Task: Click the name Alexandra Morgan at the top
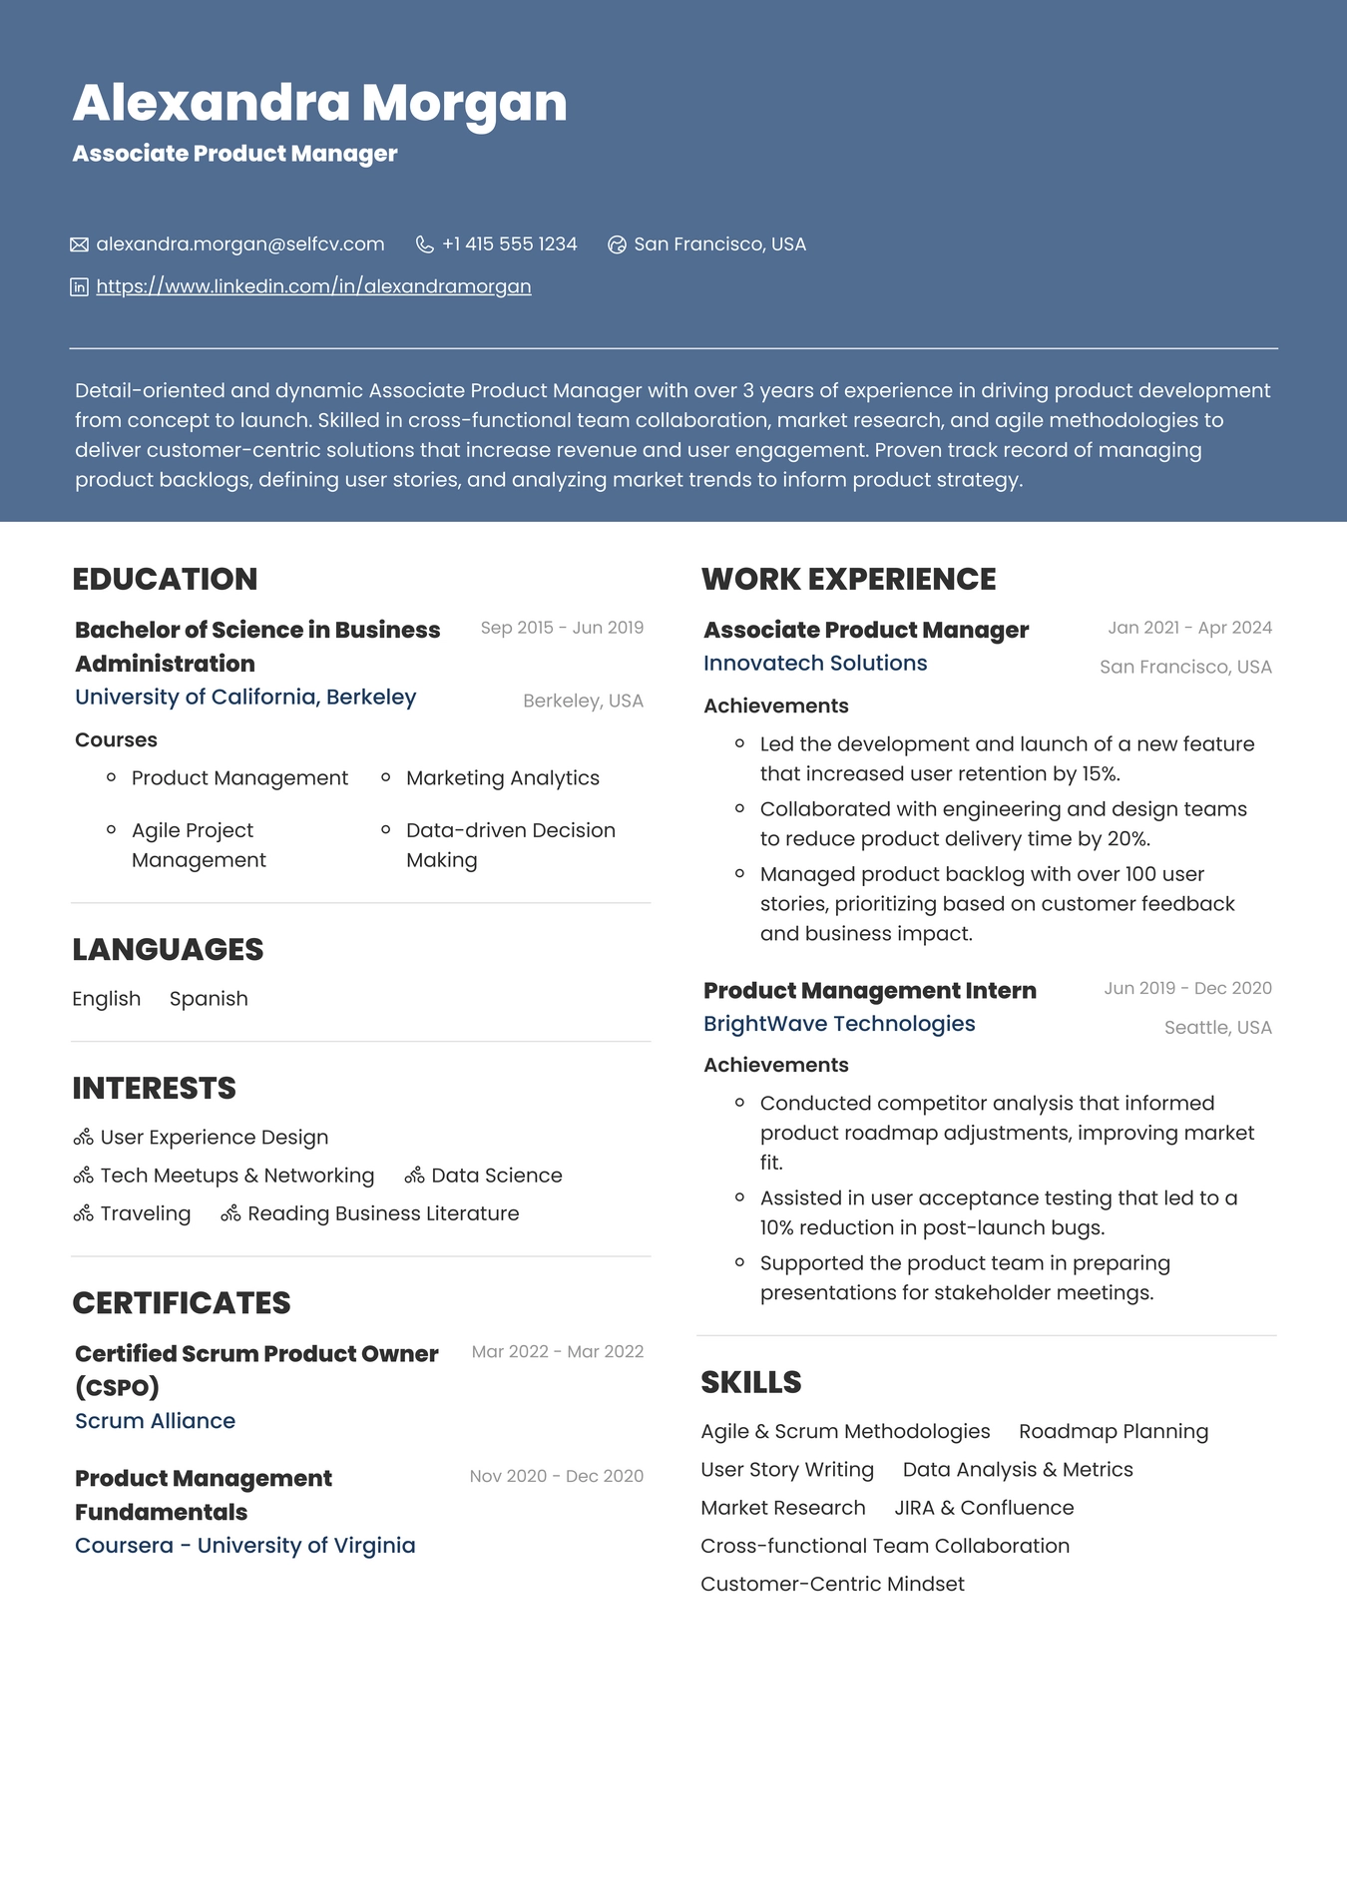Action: pyautogui.click(x=319, y=103)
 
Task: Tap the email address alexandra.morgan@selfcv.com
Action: pyautogui.click(x=239, y=244)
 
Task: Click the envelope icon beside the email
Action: pyautogui.click(x=80, y=244)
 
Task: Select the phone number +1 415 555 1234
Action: pyautogui.click(x=509, y=244)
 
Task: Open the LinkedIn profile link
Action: pyautogui.click(x=313, y=286)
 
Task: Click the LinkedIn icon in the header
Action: pyautogui.click(x=80, y=287)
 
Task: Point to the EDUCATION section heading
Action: pyautogui.click(x=165, y=579)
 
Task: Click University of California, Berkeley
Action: pyautogui.click(x=245, y=697)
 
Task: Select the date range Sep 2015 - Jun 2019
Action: pyautogui.click(x=562, y=628)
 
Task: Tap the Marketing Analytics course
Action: pyautogui.click(x=502, y=778)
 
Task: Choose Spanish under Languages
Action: pyautogui.click(x=209, y=999)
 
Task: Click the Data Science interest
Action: pyautogui.click(x=496, y=1176)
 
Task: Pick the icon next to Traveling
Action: pyautogui.click(x=84, y=1214)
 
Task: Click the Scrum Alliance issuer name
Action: pyautogui.click(x=155, y=1421)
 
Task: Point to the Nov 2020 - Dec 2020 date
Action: pyautogui.click(x=556, y=1476)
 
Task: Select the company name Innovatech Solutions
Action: pyautogui.click(x=814, y=664)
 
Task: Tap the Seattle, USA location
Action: pyautogui.click(x=1217, y=1028)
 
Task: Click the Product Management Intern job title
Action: pyautogui.click(x=869, y=991)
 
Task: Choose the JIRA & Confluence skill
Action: pyautogui.click(x=984, y=1508)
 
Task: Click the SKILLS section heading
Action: pyautogui.click(x=750, y=1382)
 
